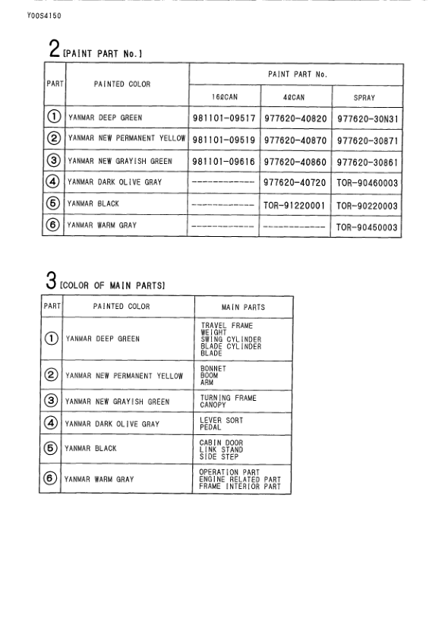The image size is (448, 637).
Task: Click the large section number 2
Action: coord(54,50)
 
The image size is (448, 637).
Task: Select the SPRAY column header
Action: coord(364,98)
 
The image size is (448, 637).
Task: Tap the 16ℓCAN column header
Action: coord(225,98)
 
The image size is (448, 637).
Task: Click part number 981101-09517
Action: coord(223,119)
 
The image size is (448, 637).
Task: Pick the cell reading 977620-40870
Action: coord(295,140)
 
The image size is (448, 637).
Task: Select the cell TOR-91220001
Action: coord(295,206)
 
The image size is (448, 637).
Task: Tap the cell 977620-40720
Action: coord(295,184)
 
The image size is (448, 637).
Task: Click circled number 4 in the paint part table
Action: coord(53,183)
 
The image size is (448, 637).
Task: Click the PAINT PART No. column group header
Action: coord(297,74)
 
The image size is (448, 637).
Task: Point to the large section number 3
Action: coord(50,283)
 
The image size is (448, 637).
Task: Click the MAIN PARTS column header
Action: coord(243,307)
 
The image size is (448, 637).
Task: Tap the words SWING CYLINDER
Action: coord(231,339)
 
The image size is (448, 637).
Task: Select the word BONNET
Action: coord(213,369)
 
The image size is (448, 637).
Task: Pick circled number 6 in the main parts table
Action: coord(51,479)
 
